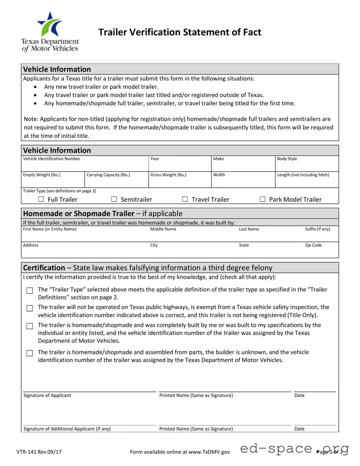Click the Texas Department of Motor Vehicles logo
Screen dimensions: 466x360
click(x=50, y=32)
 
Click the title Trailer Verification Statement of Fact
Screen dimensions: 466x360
click(x=180, y=32)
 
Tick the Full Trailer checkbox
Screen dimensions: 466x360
click(x=41, y=199)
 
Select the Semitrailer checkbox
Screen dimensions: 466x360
click(x=114, y=199)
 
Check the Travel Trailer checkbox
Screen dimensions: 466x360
click(x=185, y=199)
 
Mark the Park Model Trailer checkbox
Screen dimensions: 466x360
click(x=262, y=199)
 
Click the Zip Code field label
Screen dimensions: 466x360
click(x=313, y=245)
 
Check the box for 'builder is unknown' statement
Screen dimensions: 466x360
click(x=29, y=353)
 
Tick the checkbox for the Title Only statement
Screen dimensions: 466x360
click(x=29, y=308)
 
